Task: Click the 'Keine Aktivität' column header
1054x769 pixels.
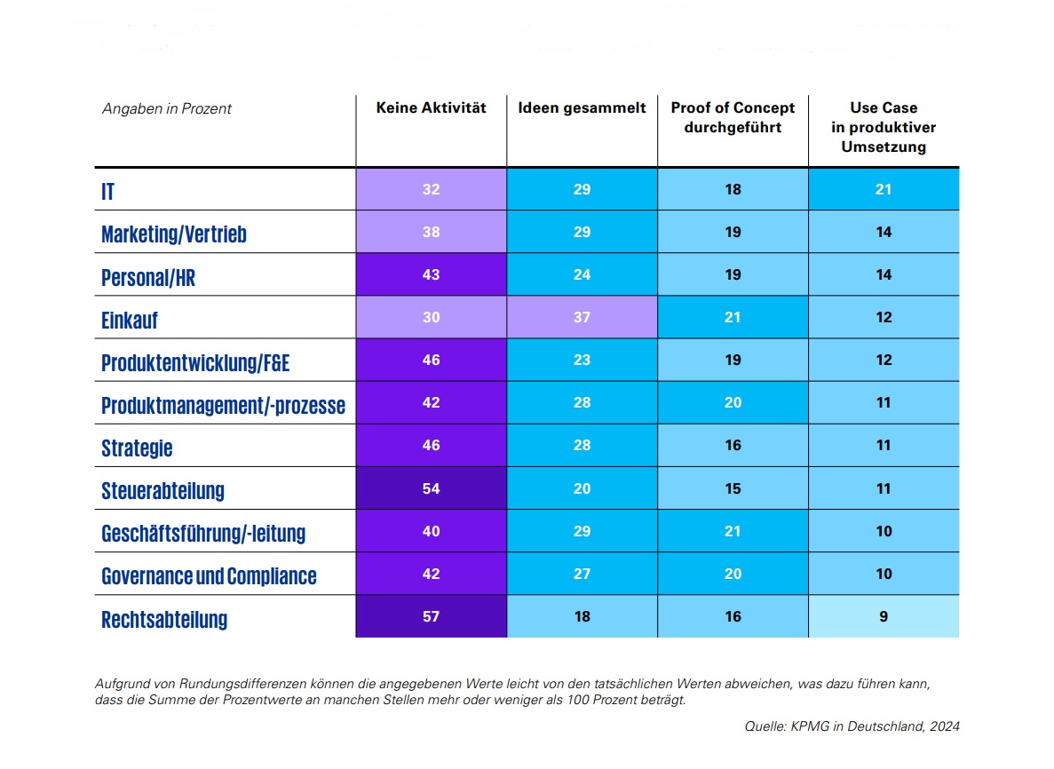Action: pos(431,108)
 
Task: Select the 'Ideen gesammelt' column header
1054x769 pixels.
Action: pos(582,108)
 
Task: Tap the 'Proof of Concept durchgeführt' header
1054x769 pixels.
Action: pos(733,117)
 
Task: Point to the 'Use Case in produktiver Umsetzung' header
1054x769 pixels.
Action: pos(884,127)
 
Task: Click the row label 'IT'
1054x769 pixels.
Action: pos(107,191)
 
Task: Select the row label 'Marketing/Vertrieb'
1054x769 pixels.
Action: pos(174,234)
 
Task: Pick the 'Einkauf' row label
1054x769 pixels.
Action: pos(130,320)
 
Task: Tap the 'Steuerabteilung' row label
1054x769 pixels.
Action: pos(162,490)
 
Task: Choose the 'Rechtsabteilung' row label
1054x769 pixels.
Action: pos(164,619)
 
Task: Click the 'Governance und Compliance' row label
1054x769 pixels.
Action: pos(209,576)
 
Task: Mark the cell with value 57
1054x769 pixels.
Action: pos(431,616)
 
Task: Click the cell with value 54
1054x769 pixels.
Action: pos(431,488)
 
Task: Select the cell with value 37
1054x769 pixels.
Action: pos(582,317)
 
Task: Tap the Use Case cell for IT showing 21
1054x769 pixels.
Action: pos(884,189)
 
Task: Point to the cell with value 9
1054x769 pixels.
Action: pos(884,616)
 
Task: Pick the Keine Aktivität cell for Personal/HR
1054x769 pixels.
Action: pos(431,274)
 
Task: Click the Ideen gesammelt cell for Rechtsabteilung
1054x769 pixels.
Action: pos(582,616)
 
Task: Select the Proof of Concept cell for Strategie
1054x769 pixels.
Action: pos(733,445)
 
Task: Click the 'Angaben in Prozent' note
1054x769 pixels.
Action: pos(167,108)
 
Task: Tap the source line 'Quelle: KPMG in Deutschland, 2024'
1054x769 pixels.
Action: pos(852,726)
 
